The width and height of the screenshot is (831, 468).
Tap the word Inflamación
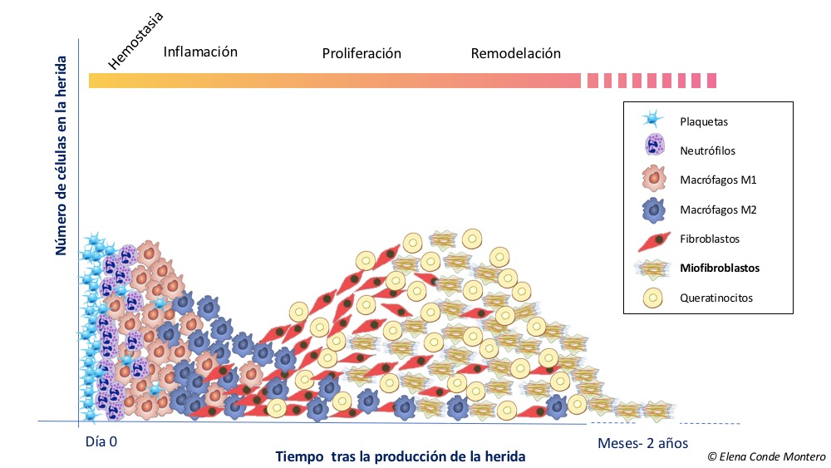click(x=200, y=52)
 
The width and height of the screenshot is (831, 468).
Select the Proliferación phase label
click(x=361, y=54)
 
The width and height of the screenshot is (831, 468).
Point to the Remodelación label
click(x=515, y=54)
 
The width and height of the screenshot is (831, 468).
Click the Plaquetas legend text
click(x=703, y=121)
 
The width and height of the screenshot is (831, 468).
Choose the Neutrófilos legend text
click(x=707, y=151)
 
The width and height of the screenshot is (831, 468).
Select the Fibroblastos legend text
click(x=709, y=239)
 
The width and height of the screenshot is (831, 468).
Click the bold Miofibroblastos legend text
click(x=719, y=268)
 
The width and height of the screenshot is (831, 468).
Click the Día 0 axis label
click(x=101, y=441)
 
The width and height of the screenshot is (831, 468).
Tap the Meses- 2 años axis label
click(x=642, y=442)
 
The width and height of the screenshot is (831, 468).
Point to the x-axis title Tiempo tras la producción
click(x=401, y=457)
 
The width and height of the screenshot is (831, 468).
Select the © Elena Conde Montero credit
click(x=765, y=456)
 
